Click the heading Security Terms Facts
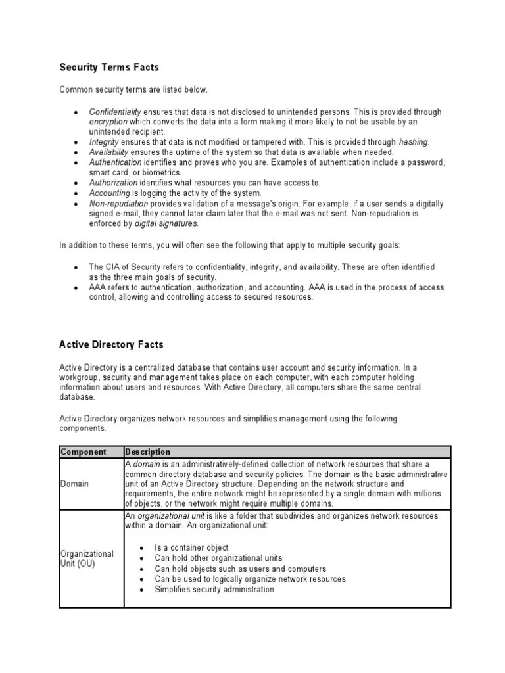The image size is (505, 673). point(109,67)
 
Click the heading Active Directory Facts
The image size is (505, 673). point(111,344)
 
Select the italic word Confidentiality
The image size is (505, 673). point(115,112)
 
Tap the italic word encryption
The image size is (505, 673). point(108,122)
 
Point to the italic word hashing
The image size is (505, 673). point(414,142)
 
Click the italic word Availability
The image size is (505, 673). point(112,152)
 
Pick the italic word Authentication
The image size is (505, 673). point(116,162)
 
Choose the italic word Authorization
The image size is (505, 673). point(114,183)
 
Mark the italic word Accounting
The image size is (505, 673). point(110,193)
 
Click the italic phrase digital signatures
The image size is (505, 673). point(165,223)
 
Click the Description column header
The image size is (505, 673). point(148,452)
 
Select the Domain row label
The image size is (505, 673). point(74,484)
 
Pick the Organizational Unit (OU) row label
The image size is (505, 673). point(87,559)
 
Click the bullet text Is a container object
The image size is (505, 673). point(191,548)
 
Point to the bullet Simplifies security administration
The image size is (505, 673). point(214,590)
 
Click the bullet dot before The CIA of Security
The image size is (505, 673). point(77,267)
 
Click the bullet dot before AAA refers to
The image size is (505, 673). point(77,288)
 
